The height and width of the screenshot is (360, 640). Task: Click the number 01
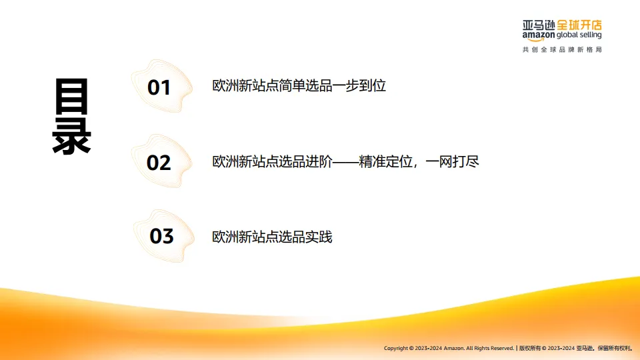(x=159, y=88)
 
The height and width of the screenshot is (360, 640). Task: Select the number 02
(x=159, y=163)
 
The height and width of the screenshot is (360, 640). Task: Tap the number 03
(x=161, y=236)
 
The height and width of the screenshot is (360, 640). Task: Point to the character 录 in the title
(x=71, y=136)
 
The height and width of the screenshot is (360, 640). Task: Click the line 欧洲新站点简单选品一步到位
(x=299, y=86)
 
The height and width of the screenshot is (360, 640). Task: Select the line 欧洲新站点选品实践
(x=272, y=237)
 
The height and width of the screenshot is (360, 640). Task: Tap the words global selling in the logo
(x=579, y=35)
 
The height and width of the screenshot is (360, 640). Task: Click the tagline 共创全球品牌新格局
(x=562, y=50)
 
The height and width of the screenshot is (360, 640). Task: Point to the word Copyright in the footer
(x=396, y=348)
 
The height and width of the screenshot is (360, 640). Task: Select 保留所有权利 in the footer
(x=614, y=348)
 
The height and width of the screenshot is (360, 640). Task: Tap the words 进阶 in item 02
(x=318, y=161)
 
